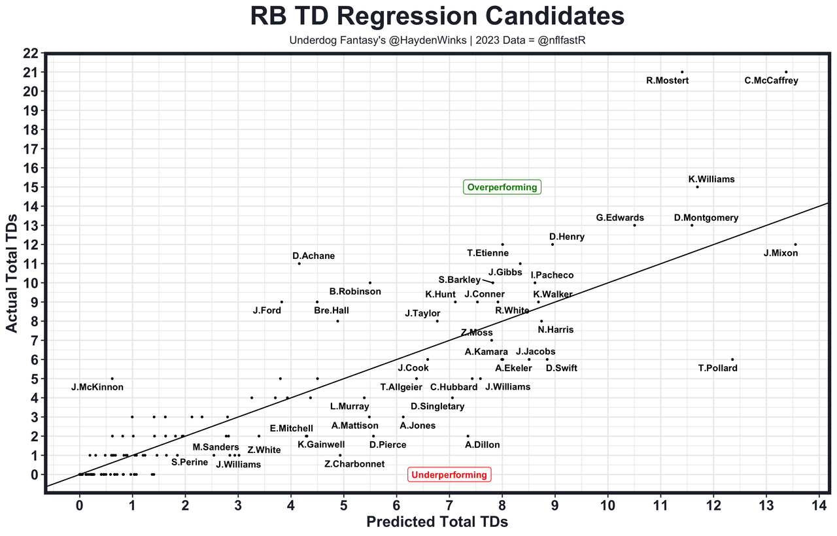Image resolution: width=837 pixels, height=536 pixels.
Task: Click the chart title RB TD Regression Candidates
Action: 418,17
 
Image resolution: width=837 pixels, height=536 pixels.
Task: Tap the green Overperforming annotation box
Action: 502,188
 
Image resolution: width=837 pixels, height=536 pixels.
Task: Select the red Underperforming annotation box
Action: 449,475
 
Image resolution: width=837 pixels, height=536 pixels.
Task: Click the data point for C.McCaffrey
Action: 786,72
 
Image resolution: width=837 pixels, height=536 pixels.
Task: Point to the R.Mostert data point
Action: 682,72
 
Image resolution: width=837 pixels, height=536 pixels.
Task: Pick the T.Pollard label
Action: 717,368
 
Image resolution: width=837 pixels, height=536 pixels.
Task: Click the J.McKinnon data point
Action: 112,378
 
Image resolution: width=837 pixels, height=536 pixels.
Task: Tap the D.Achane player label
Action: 313,256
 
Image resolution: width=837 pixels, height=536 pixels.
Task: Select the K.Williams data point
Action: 697,187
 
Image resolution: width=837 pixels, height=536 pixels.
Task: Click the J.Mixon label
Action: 780,253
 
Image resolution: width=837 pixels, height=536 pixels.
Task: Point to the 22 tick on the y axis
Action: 31,53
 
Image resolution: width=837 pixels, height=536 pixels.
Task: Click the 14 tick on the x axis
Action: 819,505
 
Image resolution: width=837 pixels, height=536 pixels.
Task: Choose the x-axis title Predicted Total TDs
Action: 437,522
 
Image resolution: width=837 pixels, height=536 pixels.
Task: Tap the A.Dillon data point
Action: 468,436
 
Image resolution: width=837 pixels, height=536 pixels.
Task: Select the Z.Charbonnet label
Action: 354,464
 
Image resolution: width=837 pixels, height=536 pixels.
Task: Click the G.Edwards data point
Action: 634,226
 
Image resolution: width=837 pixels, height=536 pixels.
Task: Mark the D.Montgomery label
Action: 706,218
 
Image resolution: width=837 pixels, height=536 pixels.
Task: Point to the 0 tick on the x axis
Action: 80,505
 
